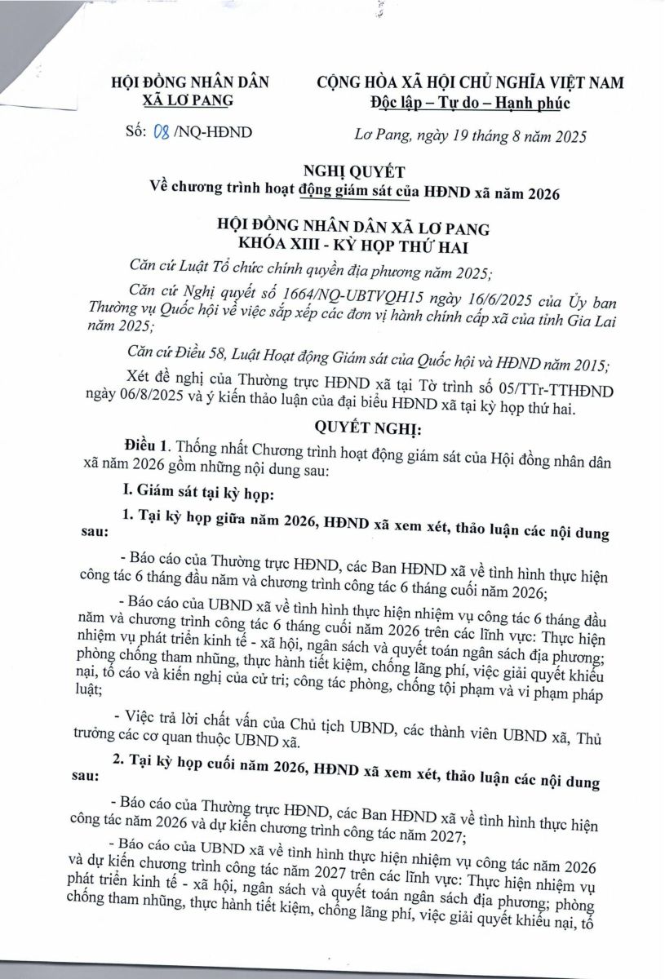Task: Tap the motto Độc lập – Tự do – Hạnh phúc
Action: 467,102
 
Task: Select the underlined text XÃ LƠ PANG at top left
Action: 188,100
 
